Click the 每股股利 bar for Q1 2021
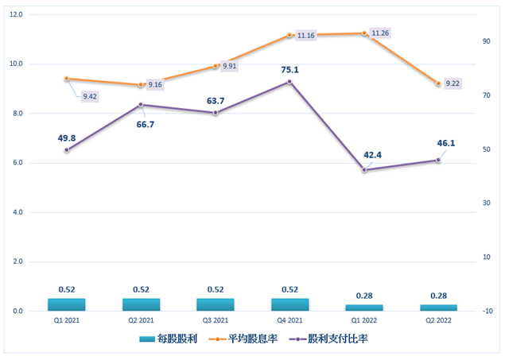point(67,304)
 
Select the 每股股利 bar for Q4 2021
point(289,304)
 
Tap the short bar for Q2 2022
point(438,308)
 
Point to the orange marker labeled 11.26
point(364,33)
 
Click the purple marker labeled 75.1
point(289,81)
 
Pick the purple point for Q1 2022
point(364,170)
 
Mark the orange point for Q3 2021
point(216,66)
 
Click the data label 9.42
point(90,96)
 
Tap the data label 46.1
point(445,143)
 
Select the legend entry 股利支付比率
point(332,339)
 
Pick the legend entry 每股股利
point(162,339)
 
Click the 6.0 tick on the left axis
point(17,163)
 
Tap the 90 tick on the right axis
point(486,41)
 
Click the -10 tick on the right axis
point(487,311)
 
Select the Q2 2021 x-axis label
point(141,320)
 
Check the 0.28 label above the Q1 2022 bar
point(364,296)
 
